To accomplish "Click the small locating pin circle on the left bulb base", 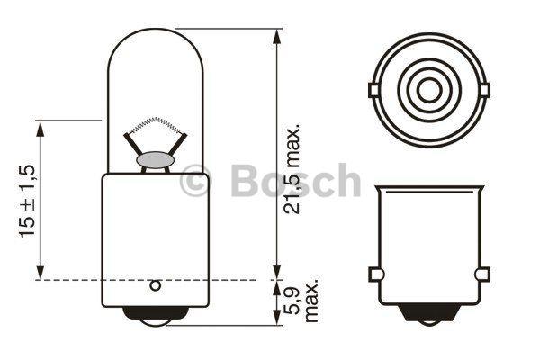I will click(x=155, y=287).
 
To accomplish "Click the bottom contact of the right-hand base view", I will click(x=427, y=317).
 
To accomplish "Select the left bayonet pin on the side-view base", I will click(x=375, y=273).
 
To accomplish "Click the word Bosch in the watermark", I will click(x=296, y=181).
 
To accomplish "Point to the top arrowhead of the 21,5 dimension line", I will click(x=274, y=33).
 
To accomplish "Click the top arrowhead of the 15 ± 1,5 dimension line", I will click(x=40, y=126).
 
